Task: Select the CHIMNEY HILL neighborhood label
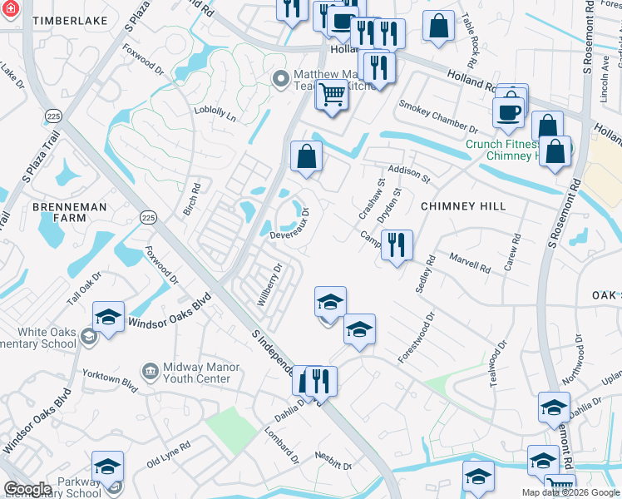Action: click(x=463, y=205)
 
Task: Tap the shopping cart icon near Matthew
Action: click(x=332, y=96)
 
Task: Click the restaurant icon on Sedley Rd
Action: click(x=397, y=245)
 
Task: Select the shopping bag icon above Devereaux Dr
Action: click(x=306, y=156)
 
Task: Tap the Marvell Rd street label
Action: click(x=470, y=263)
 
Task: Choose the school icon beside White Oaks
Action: click(x=108, y=317)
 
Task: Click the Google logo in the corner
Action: click(x=27, y=489)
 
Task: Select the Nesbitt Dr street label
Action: click(x=333, y=460)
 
